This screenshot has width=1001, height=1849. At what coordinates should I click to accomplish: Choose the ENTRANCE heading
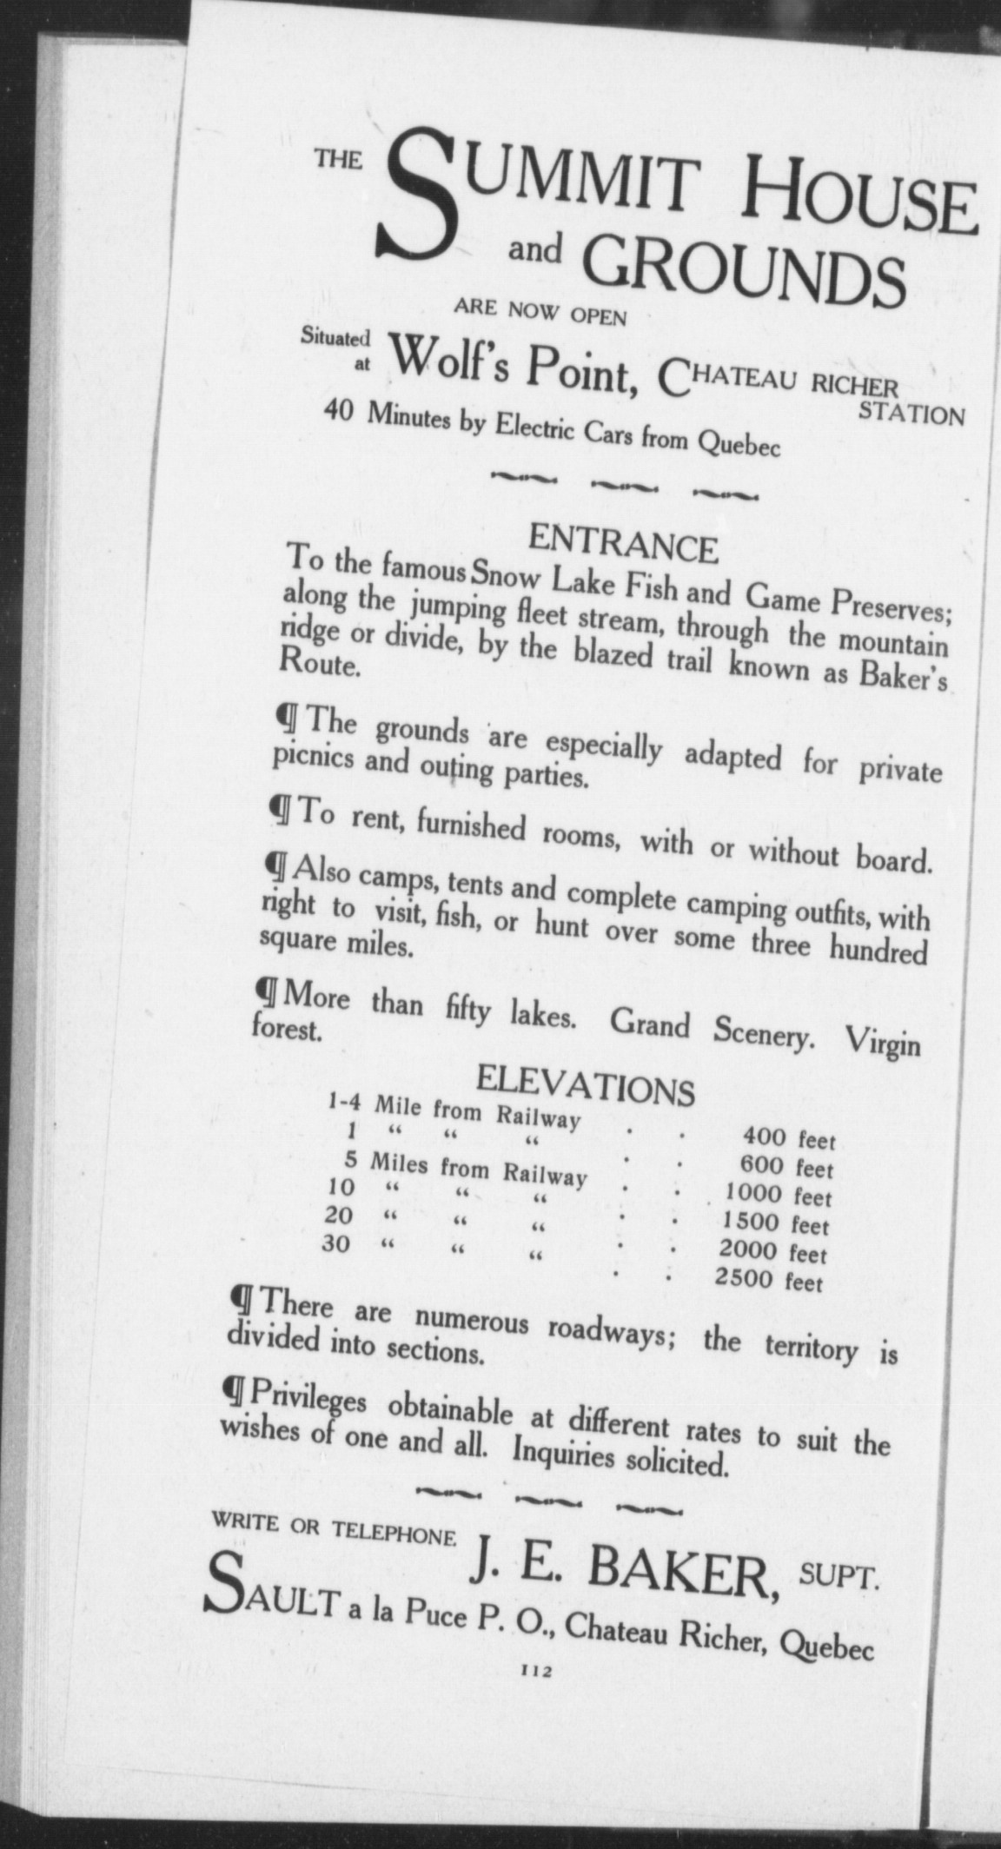(x=623, y=545)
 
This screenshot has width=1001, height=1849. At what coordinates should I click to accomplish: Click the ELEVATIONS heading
(x=587, y=1086)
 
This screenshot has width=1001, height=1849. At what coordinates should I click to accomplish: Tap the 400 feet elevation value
(x=787, y=1137)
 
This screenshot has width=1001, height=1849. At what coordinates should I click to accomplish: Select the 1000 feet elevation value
(x=778, y=1196)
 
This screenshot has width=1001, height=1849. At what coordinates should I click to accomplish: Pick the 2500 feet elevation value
(x=768, y=1279)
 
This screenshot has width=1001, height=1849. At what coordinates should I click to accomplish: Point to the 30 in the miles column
(x=336, y=1243)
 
